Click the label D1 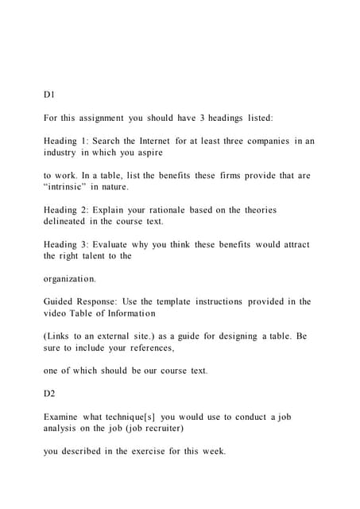pos(49,94)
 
